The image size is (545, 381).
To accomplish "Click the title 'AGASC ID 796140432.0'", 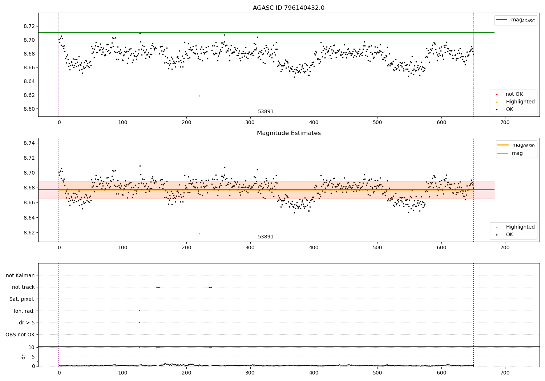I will (x=288, y=8).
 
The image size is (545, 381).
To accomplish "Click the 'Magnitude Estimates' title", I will (x=288, y=133).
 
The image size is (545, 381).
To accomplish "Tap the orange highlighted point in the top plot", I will (x=199, y=96).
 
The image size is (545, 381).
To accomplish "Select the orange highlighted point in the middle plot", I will (x=199, y=234).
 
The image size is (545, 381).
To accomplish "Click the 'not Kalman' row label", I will (x=20, y=275).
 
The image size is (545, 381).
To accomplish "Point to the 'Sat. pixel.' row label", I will (x=22, y=299).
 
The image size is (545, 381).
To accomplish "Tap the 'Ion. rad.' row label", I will (x=24, y=311).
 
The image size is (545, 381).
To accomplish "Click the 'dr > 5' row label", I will (x=27, y=323).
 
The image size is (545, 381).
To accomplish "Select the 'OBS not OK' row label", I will (x=20, y=335).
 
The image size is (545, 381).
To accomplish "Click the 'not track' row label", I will (x=23, y=287).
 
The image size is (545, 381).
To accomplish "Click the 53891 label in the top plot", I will (x=266, y=112).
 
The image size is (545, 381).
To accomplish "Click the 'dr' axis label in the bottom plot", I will (x=24, y=357).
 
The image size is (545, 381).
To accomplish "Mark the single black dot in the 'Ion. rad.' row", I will (x=139, y=311).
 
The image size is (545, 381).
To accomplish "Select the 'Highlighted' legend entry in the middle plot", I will (x=520, y=227).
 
